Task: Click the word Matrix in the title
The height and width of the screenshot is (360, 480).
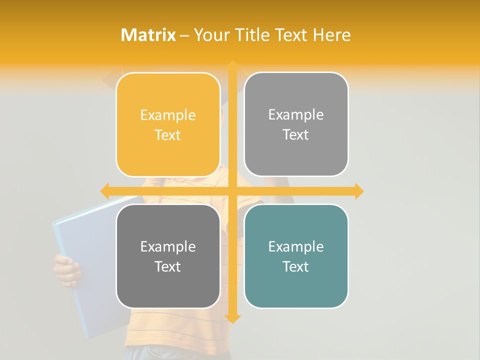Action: coord(148,35)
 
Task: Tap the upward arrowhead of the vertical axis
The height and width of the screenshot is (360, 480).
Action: coord(232,65)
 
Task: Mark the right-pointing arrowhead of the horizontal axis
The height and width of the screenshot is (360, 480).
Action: coord(358,191)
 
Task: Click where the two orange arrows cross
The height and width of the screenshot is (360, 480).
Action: coord(232,191)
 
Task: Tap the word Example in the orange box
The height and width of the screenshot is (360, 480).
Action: coord(168,115)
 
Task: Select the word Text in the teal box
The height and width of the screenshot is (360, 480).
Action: coord(296,266)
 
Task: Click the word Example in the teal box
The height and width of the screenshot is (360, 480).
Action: coord(296,246)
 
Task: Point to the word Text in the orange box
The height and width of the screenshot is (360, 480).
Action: coord(168,135)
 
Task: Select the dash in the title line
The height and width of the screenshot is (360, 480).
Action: coord(184,35)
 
